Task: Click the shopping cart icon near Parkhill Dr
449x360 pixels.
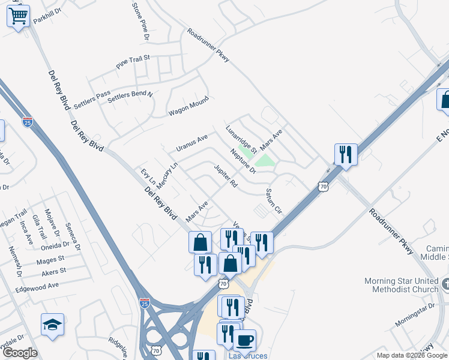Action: click(19, 16)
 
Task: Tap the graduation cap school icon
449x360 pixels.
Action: click(52, 324)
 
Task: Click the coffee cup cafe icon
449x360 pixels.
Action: click(244, 340)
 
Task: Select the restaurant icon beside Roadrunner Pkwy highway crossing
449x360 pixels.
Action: click(346, 154)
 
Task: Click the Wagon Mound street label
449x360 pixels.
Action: click(188, 106)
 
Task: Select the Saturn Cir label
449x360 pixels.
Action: click(274, 201)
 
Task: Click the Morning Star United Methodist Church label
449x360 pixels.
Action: click(401, 285)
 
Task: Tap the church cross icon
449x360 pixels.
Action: click(445, 283)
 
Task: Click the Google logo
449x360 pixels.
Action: click(19, 352)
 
